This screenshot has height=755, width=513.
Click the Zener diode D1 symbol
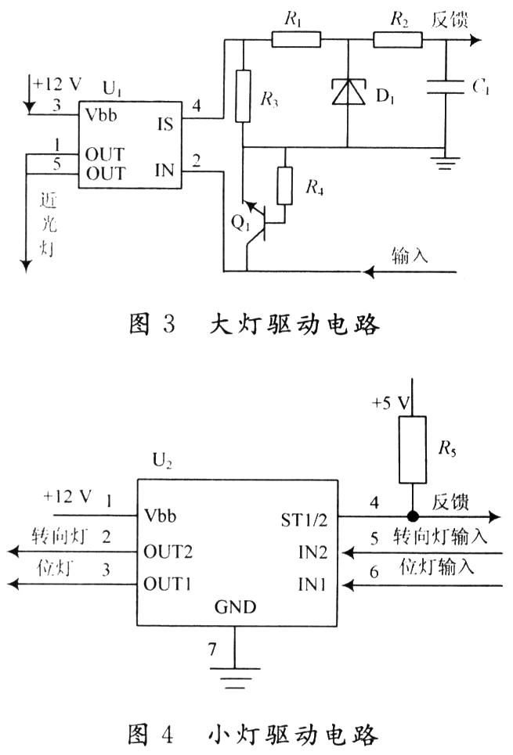[346, 92]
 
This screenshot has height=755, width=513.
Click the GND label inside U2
[235, 607]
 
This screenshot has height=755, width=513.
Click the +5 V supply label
[392, 404]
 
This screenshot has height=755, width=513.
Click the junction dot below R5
[411, 516]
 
